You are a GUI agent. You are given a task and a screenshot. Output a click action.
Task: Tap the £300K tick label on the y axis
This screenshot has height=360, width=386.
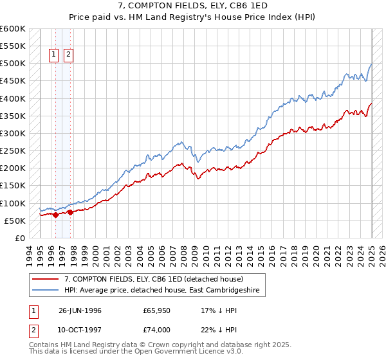click(12, 133)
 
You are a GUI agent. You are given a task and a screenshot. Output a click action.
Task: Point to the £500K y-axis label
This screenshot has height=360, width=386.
click(12, 64)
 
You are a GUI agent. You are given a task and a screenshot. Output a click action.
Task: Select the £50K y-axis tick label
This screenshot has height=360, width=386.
click(14, 221)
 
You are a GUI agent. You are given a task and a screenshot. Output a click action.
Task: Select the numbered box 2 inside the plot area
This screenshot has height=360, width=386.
click(68, 55)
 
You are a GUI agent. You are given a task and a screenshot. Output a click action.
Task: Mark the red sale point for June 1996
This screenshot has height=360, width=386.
click(56, 215)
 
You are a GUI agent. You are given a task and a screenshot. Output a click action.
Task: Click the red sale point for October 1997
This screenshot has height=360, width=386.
click(70, 212)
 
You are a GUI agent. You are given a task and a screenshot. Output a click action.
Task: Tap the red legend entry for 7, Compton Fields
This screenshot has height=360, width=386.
click(153, 279)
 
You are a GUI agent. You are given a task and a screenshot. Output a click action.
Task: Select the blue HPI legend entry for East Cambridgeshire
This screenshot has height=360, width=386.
click(161, 290)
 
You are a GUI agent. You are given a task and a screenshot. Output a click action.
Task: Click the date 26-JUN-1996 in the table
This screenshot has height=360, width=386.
click(80, 310)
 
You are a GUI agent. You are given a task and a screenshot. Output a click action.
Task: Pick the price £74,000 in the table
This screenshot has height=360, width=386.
click(157, 330)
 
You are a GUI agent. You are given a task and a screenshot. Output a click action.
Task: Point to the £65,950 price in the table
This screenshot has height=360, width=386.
click(157, 310)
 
